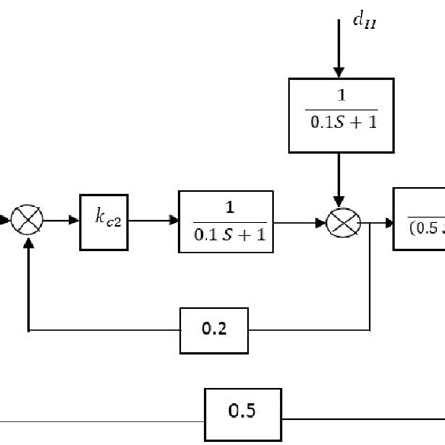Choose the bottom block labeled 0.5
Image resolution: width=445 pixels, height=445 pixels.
click(242, 409)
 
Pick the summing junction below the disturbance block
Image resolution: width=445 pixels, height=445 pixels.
click(339, 224)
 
